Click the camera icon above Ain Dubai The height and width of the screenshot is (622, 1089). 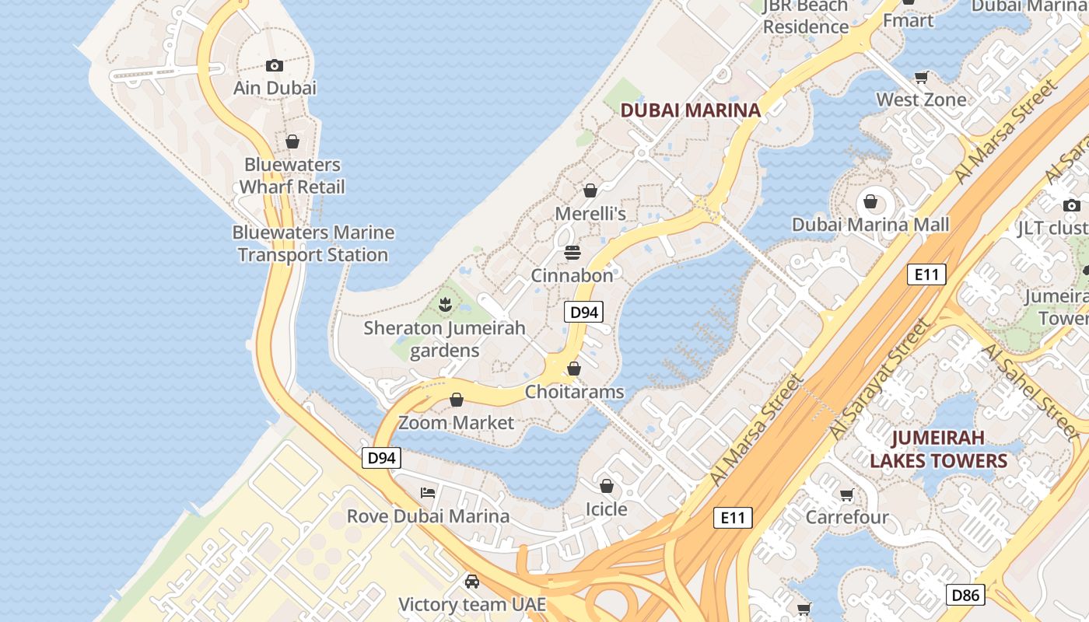274,66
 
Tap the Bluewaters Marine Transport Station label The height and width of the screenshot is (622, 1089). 313,243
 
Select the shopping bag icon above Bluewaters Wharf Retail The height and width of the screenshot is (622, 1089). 292,142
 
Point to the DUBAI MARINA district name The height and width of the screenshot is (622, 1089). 690,110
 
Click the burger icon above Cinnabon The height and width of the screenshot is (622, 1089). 573,253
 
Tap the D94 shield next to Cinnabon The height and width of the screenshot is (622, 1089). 583,313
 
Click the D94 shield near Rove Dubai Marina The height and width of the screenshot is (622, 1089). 381,458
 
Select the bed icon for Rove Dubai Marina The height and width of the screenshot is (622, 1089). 428,492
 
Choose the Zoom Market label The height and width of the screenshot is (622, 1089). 456,423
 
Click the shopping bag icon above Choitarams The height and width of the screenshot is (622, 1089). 574,369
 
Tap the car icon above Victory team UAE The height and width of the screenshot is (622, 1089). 471,581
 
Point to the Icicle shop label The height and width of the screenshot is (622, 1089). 606,509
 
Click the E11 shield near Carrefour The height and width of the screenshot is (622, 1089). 733,517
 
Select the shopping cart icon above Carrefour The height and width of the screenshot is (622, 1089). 847,494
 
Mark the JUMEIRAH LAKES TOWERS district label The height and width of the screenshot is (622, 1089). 938,449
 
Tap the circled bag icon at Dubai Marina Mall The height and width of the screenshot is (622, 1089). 870,202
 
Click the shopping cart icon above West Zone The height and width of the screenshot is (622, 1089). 922,77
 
